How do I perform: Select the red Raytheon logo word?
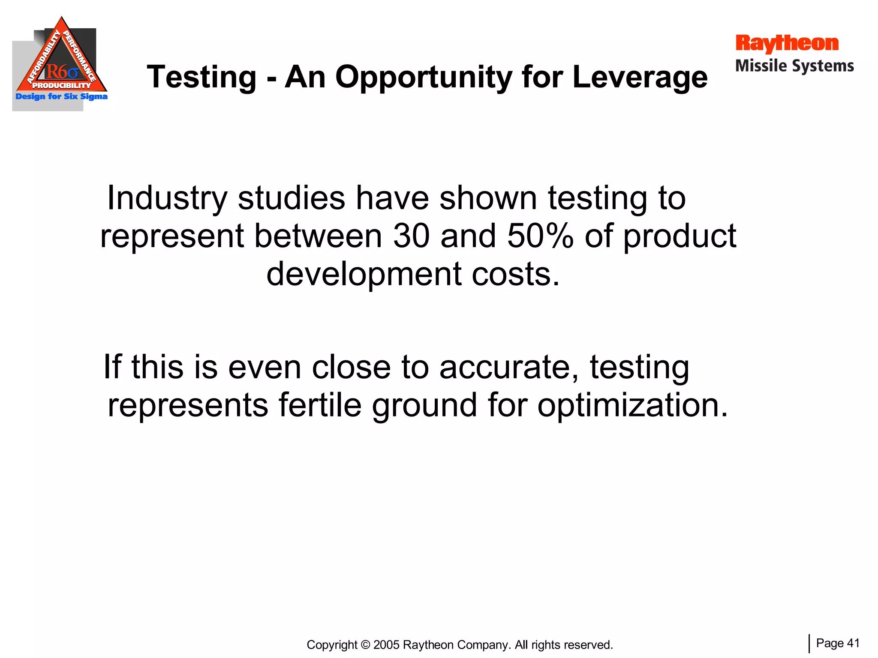[x=787, y=44]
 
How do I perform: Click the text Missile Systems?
[x=794, y=66]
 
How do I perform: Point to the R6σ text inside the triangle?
[x=62, y=72]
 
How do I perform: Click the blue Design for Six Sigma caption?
[x=61, y=96]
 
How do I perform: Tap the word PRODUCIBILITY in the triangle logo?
[x=62, y=86]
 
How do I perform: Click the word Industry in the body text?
[x=167, y=198]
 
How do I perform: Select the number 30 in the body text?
[x=411, y=236]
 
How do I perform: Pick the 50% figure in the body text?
[x=540, y=236]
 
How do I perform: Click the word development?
[x=364, y=274]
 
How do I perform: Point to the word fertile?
[x=320, y=405]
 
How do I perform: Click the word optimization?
[x=632, y=405]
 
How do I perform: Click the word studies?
[x=291, y=198]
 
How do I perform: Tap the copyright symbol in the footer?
[x=365, y=645]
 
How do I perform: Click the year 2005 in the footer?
[x=387, y=645]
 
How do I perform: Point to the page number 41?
[x=854, y=643]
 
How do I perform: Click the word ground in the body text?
[x=424, y=405]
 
